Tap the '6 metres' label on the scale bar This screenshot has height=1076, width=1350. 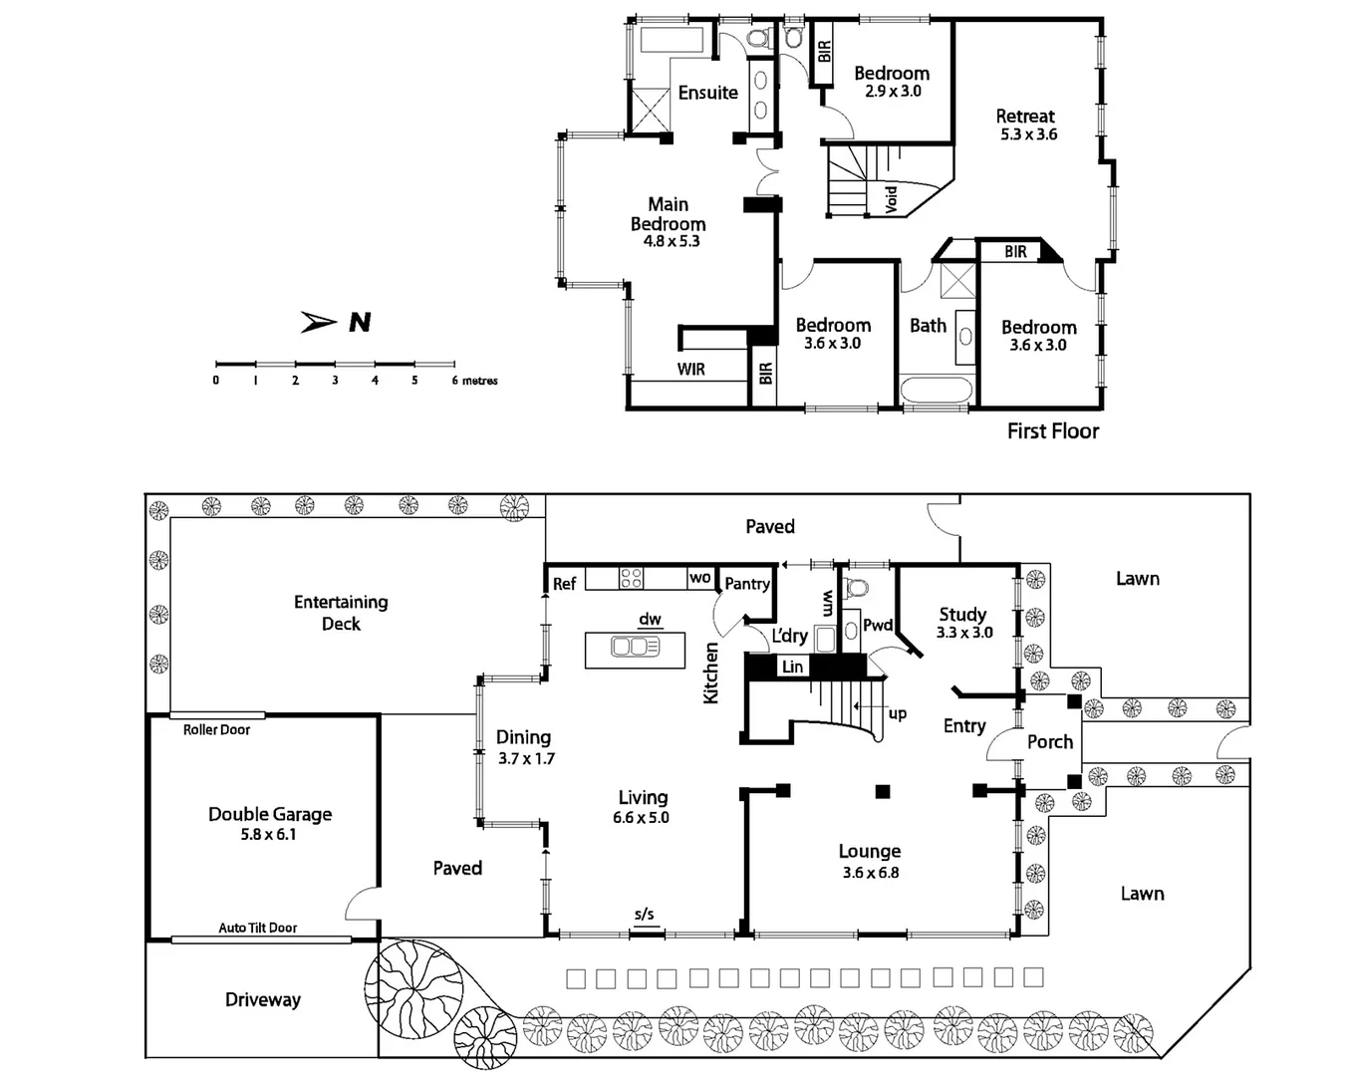(x=475, y=381)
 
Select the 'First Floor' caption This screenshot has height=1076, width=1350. (x=1052, y=430)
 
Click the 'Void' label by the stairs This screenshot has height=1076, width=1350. (x=892, y=198)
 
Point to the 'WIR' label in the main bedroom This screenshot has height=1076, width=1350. (x=690, y=370)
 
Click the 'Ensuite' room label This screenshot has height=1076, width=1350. (x=707, y=93)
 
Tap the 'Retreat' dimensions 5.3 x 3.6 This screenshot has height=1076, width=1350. (x=1028, y=134)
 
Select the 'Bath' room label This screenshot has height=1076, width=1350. (x=928, y=326)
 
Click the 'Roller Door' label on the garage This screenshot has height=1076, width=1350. (x=216, y=729)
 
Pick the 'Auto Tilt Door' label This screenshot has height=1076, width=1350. (x=258, y=928)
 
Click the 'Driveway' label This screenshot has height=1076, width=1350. (x=262, y=999)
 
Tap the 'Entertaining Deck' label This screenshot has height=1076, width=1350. (x=341, y=613)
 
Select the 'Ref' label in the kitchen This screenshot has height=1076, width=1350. (x=564, y=584)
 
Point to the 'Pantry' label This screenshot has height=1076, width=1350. (x=746, y=584)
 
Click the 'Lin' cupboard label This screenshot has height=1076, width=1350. (x=792, y=667)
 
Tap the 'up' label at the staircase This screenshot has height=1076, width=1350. (x=897, y=713)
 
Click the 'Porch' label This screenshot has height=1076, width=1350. (x=1050, y=742)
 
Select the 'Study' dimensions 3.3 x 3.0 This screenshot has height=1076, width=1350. (x=964, y=633)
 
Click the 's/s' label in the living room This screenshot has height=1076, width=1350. (x=645, y=914)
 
